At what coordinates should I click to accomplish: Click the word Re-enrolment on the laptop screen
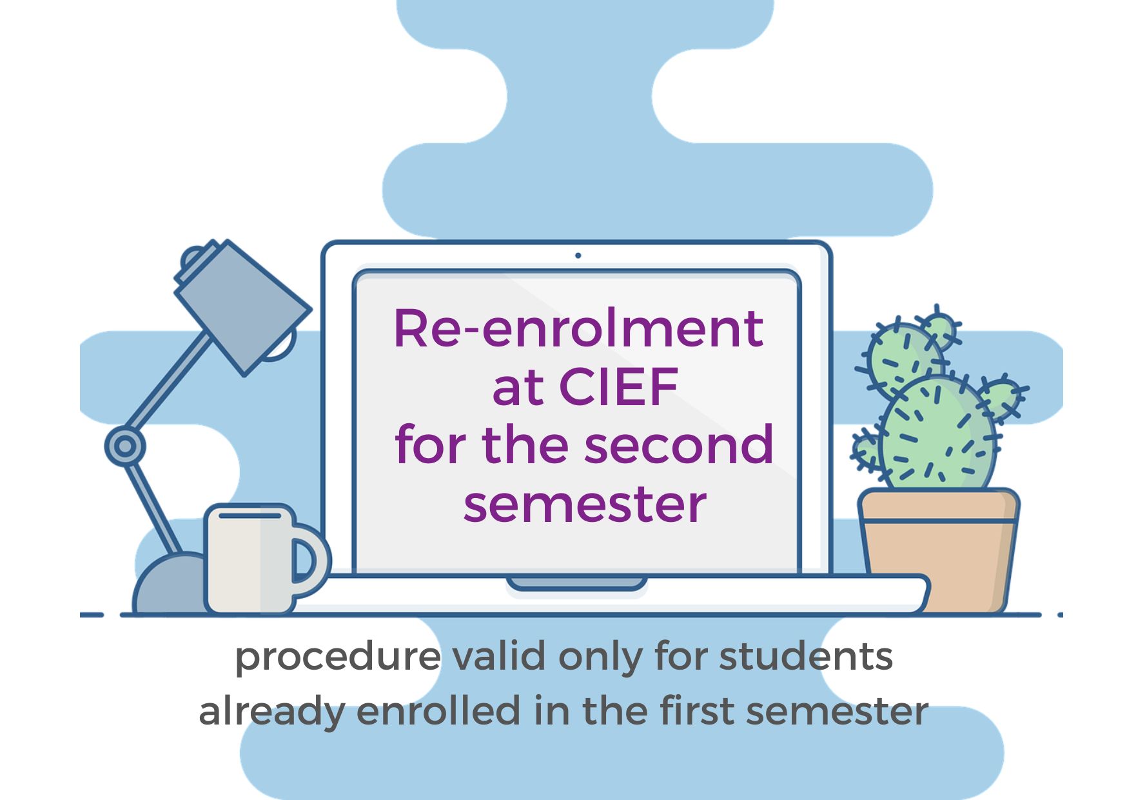[578, 329]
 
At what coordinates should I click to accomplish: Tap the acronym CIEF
[619, 387]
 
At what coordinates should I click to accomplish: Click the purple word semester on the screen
[585, 504]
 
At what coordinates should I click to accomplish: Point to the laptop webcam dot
[578, 255]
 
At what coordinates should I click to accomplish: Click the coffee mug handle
[311, 559]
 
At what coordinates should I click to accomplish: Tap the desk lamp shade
[242, 307]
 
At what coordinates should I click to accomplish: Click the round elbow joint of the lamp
[125, 446]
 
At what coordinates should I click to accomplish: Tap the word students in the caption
[806, 656]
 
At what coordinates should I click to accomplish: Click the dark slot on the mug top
[250, 515]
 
